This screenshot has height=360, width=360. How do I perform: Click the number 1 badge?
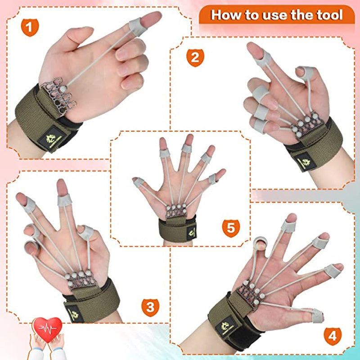click(29, 28)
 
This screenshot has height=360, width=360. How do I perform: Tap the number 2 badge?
click(195, 57)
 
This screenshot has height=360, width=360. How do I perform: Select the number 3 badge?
click(150, 307)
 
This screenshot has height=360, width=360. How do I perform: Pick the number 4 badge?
click(332, 336)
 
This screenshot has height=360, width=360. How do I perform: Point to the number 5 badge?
click(230, 228)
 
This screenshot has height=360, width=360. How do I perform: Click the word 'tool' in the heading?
click(327, 15)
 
